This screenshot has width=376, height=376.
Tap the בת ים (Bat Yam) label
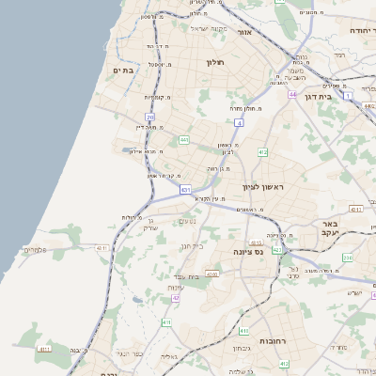(124, 70)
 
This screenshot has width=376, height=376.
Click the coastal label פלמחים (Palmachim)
(35, 250)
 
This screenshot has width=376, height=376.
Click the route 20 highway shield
(149, 117)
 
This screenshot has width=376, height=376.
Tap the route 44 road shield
(292, 95)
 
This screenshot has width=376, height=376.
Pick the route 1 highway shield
(347, 95)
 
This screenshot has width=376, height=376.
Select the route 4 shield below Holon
(240, 123)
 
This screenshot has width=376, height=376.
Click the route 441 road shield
(184, 140)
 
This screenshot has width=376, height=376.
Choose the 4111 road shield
(44, 349)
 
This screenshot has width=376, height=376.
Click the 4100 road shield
(212, 274)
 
